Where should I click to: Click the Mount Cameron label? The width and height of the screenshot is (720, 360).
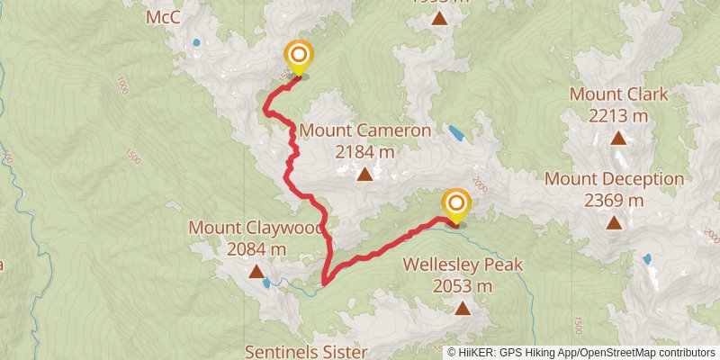364,131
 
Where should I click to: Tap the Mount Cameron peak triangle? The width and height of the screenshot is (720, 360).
364,174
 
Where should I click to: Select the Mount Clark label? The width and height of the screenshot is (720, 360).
618,94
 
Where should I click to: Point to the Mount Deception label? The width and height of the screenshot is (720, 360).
614,179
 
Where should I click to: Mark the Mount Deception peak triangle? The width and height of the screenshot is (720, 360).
614,221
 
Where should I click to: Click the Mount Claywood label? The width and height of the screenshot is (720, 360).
256,229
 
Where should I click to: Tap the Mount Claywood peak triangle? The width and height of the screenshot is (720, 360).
256,271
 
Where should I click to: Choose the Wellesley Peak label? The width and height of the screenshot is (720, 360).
463,265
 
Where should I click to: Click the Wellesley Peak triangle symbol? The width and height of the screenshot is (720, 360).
463,309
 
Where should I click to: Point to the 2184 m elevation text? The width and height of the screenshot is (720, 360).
364,152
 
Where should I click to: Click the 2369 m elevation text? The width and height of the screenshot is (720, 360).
614,200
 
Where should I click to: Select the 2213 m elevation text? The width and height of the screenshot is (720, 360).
618,115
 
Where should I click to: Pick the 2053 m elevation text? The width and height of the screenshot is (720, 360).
463,286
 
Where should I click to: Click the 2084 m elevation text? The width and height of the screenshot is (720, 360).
256,249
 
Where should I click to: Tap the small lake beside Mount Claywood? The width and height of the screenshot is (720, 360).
266,283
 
